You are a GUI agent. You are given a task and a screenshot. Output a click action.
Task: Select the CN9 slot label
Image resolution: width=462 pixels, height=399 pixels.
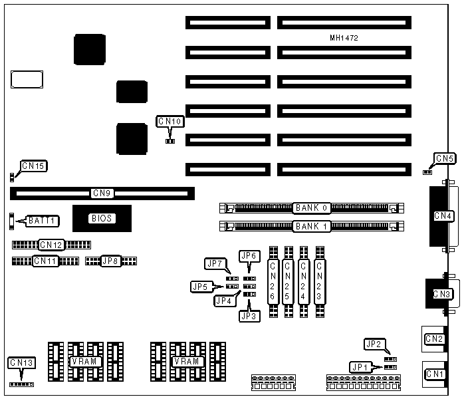102,194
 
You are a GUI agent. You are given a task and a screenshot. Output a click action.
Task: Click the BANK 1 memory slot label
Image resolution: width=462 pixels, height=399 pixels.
312,226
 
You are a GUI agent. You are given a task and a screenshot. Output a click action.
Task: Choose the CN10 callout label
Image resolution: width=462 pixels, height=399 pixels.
170,122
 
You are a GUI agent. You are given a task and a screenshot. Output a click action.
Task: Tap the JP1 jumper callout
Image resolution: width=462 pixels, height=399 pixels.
359,366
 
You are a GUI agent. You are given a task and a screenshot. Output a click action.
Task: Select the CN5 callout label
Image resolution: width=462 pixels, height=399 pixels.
444,159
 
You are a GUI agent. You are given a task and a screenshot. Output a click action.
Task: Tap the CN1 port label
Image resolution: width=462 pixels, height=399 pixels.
435,374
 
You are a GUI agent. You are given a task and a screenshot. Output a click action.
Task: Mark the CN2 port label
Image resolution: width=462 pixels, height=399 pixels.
435,339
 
